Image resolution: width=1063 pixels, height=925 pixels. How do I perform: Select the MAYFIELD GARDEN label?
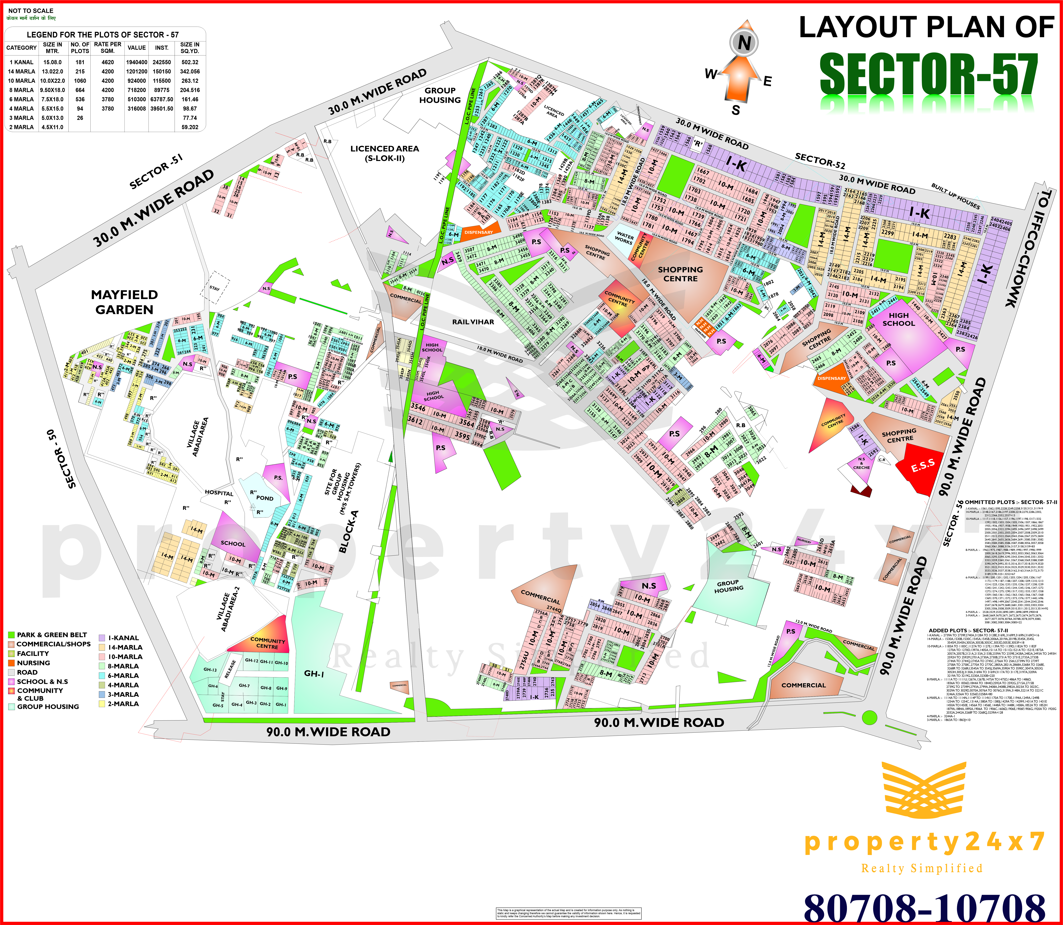[124, 302]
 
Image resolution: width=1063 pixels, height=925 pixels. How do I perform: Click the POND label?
[265, 498]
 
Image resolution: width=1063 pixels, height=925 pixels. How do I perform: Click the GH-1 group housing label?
[314, 674]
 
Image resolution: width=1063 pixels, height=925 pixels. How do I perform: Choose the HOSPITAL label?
[219, 493]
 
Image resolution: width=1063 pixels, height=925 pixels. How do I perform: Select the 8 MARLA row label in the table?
[21, 90]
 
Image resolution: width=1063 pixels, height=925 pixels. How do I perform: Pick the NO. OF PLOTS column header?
[80, 47]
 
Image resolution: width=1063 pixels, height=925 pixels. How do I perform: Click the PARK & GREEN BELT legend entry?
[52, 635]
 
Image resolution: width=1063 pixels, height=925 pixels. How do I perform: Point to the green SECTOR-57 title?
[929, 75]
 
